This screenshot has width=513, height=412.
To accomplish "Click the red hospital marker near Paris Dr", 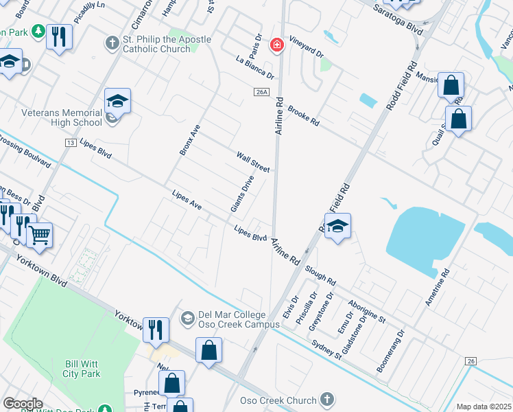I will [276, 45].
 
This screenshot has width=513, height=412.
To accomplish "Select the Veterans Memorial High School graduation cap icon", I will [117, 102].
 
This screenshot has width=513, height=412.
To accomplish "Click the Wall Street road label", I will [253, 162].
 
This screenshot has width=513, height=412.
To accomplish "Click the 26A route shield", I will [261, 92].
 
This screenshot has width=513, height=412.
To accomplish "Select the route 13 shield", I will [71, 142].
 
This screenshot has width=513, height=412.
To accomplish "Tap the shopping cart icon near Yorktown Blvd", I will [40, 235].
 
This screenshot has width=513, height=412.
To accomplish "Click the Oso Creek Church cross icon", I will [327, 399].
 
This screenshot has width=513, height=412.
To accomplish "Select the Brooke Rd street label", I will [304, 115].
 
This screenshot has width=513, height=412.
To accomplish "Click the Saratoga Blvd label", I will [398, 19].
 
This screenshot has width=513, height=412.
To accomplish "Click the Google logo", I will [23, 403].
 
